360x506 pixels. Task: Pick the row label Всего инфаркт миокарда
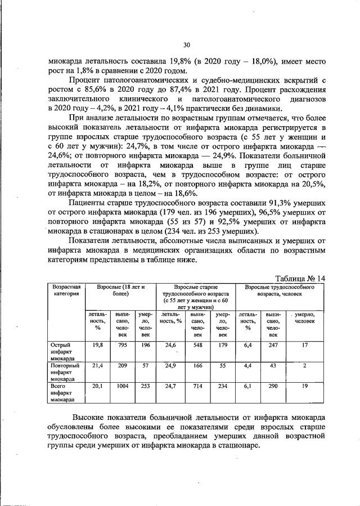pyautogui.click(x=60, y=393)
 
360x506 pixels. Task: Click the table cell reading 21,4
pyautogui.click(x=95, y=366)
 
